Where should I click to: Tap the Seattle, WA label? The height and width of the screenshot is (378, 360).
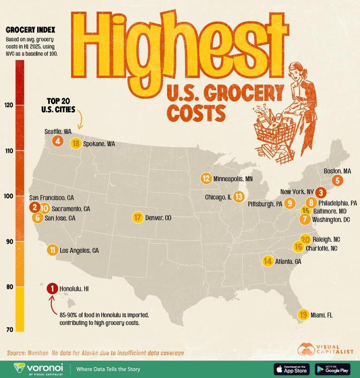point(58,131)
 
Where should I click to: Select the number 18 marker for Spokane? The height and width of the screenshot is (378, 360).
point(76,143)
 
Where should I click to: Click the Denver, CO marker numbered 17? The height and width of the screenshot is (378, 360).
point(138,218)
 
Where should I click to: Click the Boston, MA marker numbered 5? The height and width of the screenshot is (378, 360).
point(337,180)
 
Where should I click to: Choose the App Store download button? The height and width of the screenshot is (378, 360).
point(291,368)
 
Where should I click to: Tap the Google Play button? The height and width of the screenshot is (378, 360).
point(333,368)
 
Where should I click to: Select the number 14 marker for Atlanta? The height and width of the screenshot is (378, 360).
point(267,261)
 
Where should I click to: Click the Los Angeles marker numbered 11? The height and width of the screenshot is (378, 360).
point(52,250)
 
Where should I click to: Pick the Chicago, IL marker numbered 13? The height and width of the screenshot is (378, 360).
point(239,197)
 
